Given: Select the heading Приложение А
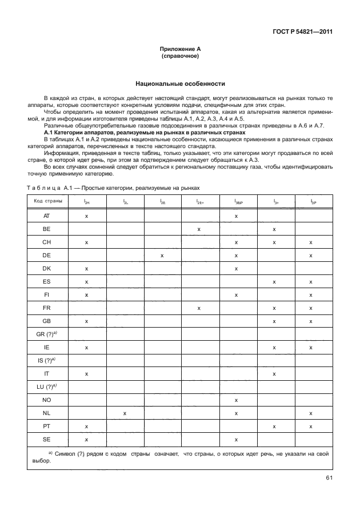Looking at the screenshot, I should pos(180,51).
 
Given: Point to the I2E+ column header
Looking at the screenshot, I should pos(199,201).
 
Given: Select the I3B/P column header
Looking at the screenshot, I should pos(237,201).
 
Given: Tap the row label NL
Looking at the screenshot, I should pos(47,412).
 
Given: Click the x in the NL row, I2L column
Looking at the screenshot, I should pos(124,412).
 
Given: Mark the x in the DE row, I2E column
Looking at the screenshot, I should pos(162,256).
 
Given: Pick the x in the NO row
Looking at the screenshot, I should pos(236,400).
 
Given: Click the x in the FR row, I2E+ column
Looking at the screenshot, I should pos(199,308).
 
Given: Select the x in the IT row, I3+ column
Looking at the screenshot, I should pos(274,373).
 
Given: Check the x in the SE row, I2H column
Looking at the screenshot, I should pos(86,439).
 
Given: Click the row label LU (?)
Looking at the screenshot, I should pos(47,386).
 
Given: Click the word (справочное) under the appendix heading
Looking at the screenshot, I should pos(180,58).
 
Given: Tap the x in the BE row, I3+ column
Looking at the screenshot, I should pos(274,229).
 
